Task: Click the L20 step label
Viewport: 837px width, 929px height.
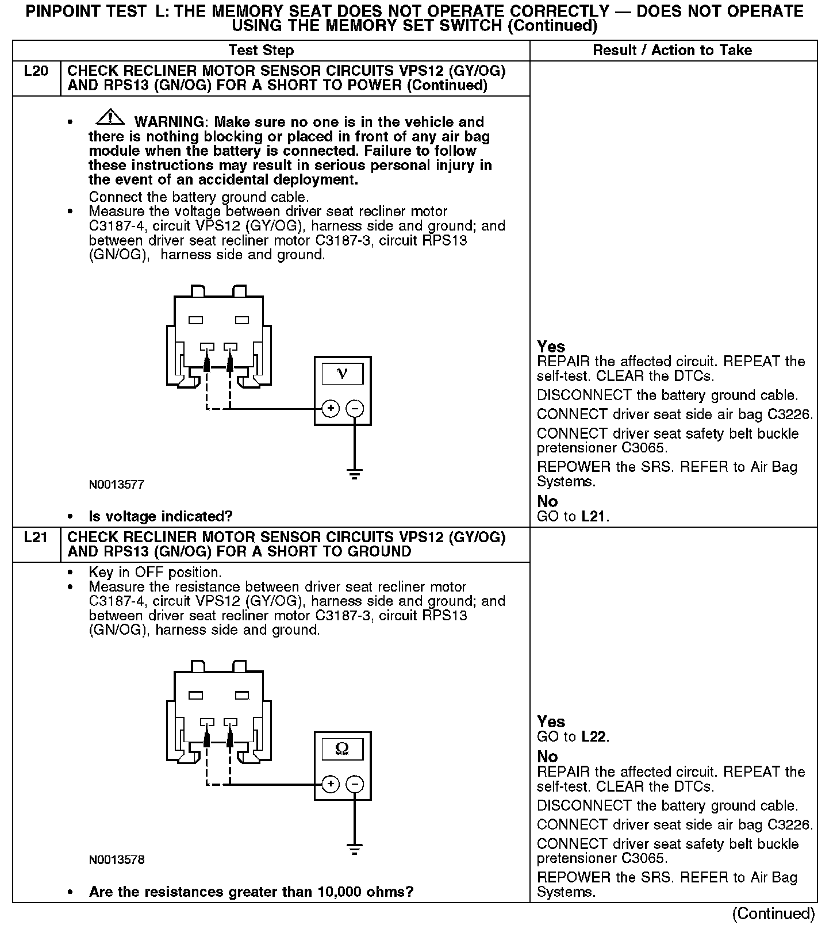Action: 36,72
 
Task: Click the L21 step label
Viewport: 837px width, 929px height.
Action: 36,538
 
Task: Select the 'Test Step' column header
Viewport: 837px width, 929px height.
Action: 261,51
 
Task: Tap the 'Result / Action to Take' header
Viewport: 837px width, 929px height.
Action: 672,51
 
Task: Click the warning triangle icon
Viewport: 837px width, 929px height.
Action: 110,118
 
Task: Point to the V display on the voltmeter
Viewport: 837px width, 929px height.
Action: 342,374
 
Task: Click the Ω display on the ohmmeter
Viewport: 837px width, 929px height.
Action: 342,749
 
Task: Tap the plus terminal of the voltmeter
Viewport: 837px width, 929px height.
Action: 330,409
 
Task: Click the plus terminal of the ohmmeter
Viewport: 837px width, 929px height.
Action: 330,784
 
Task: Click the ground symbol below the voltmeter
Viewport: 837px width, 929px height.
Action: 355,474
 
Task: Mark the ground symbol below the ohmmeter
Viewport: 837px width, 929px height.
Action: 355,849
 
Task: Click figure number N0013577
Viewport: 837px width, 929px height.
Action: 116,485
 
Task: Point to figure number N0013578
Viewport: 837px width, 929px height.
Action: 116,860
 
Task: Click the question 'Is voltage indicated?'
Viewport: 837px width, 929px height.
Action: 160,516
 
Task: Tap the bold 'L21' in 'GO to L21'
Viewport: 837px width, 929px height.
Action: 593,516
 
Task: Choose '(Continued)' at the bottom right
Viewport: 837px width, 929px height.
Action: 773,914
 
